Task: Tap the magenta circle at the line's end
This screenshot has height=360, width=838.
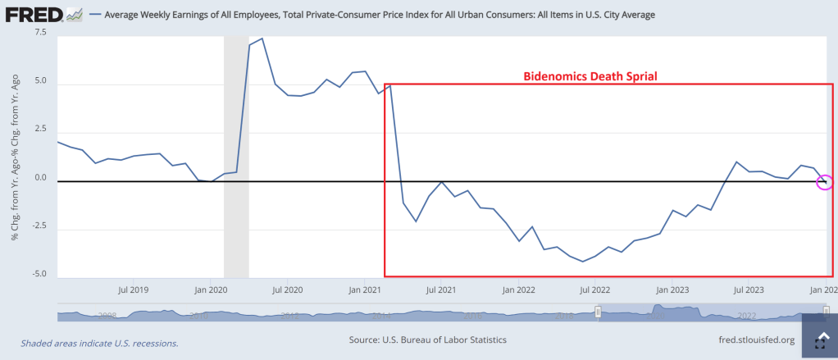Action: [826, 182]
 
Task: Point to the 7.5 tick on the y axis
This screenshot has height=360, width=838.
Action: [40, 32]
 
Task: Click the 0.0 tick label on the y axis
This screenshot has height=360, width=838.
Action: [40, 178]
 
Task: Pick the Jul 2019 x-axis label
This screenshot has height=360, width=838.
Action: [134, 289]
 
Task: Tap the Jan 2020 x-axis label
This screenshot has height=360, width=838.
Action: [211, 289]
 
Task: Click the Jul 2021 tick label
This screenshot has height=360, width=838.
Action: [441, 289]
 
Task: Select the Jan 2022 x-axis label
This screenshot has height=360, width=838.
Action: [518, 289]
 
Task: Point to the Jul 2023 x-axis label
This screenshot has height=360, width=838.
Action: [749, 289]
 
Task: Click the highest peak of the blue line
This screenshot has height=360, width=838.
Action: [262, 39]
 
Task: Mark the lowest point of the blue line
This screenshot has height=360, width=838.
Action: [582, 262]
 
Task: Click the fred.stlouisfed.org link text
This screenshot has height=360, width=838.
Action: [754, 339]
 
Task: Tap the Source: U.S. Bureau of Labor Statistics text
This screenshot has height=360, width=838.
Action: [427, 339]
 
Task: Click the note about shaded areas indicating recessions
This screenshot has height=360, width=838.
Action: [99, 343]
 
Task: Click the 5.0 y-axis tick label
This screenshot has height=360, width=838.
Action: [40, 82]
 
